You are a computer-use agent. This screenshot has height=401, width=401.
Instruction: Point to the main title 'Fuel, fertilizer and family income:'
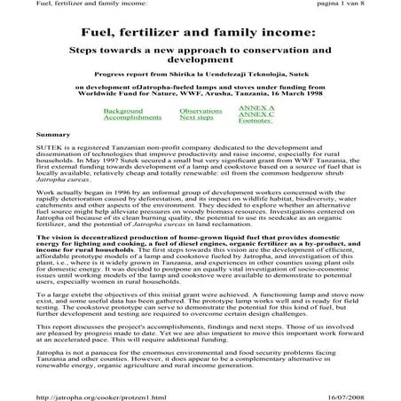point(200,32)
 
